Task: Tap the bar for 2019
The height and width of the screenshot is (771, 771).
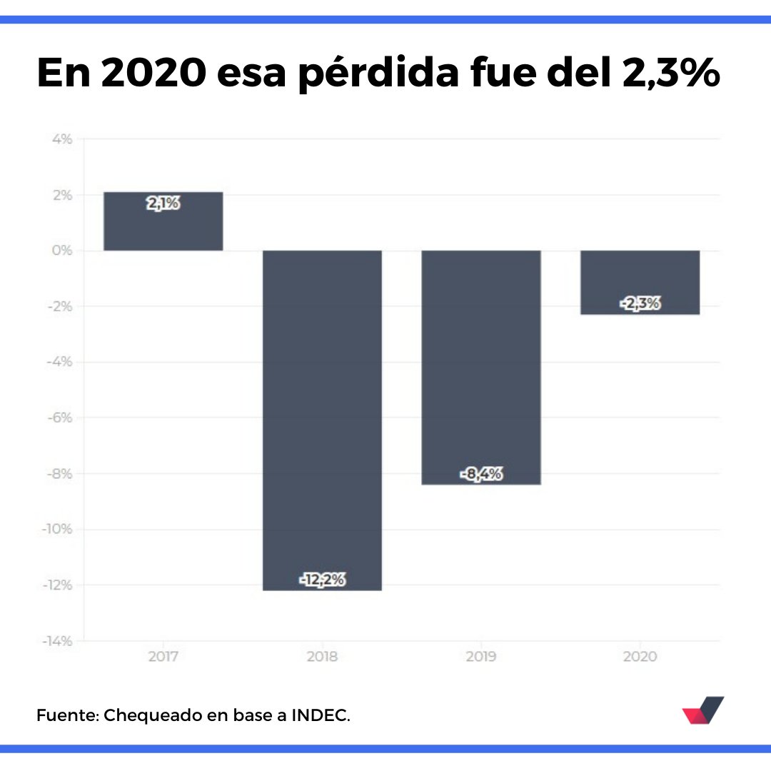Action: [x=481, y=367]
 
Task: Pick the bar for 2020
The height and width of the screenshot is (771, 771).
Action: [x=640, y=282]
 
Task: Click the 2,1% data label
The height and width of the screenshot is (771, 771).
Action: [x=163, y=204]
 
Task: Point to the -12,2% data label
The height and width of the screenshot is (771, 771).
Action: [x=323, y=580]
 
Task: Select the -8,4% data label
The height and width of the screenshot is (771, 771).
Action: [x=481, y=474]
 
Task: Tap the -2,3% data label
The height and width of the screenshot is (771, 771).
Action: [x=640, y=304]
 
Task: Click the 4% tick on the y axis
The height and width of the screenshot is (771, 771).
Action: [x=61, y=139]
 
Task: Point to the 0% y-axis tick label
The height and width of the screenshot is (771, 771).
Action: [x=61, y=251]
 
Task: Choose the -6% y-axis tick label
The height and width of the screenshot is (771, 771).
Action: [x=59, y=418]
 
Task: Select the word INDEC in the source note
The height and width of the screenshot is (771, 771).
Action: [x=320, y=715]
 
